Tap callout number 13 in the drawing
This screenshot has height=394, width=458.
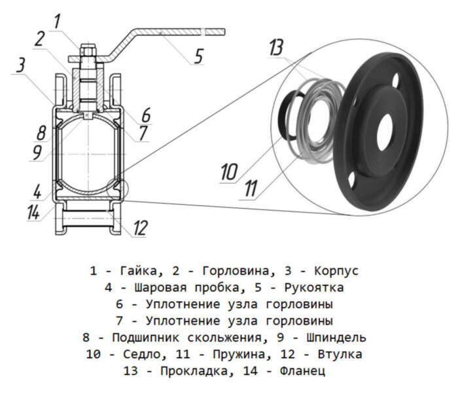[x=277, y=48]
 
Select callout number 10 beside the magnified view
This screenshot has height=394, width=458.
[x=229, y=173]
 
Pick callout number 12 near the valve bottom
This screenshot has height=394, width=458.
[x=140, y=228]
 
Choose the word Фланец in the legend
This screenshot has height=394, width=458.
[x=304, y=372]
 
